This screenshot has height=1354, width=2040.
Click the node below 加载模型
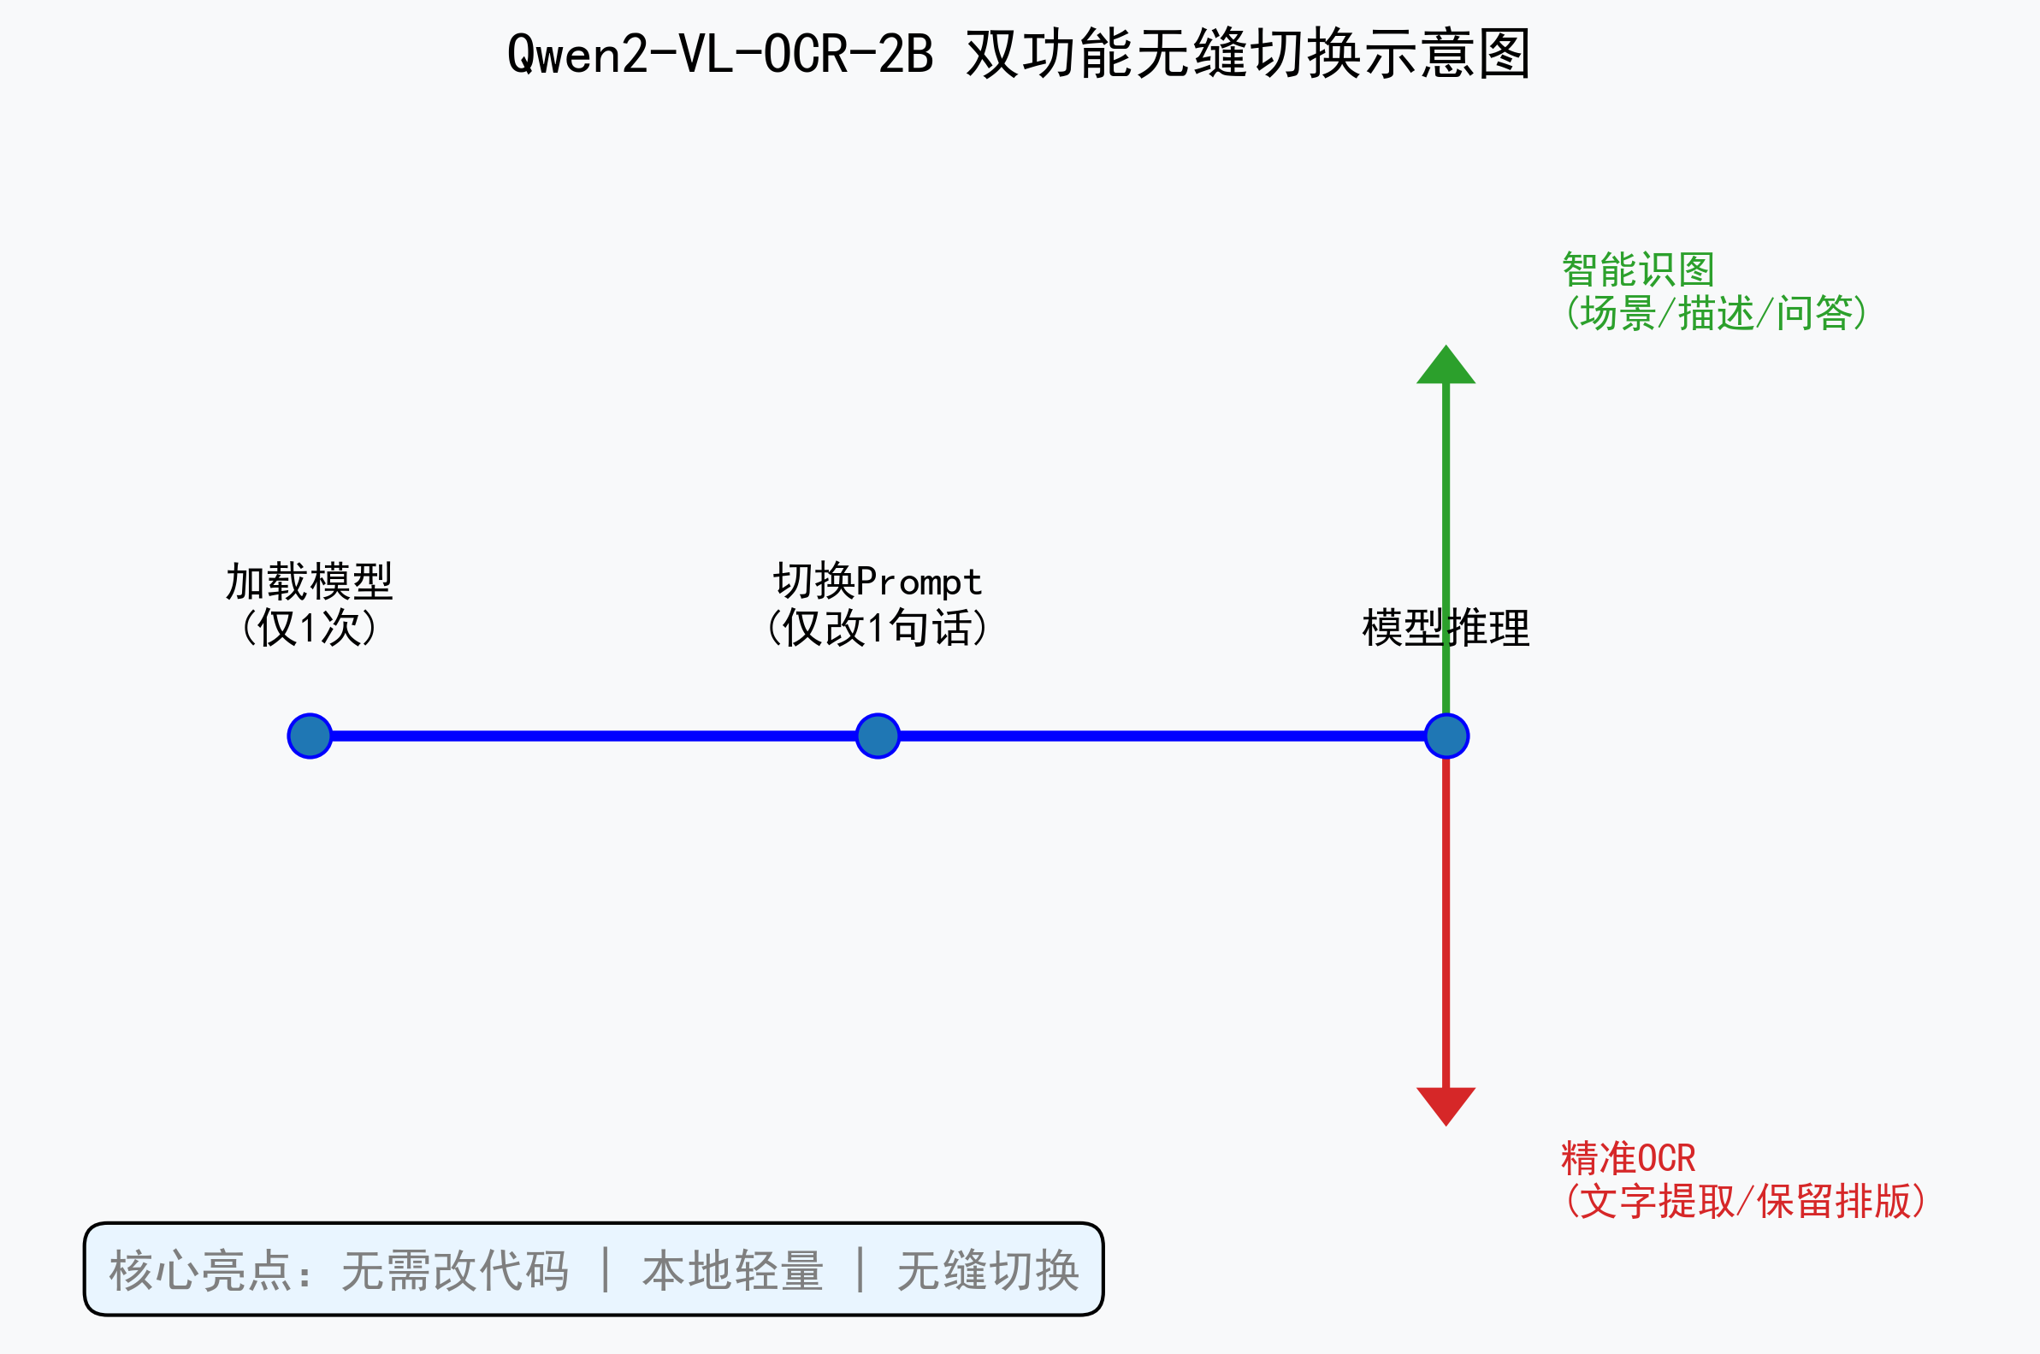point(310,736)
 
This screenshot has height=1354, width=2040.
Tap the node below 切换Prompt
point(878,736)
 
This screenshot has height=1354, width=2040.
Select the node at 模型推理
point(1447,736)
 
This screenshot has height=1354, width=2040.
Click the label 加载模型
point(309,581)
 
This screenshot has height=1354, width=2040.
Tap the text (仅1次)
point(309,628)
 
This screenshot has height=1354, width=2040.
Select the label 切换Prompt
point(877,581)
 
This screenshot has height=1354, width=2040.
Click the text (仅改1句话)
point(877,628)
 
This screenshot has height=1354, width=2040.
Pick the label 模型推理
point(1446,628)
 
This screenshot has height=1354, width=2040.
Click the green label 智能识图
point(1638,270)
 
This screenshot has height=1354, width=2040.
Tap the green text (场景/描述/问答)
point(1717,312)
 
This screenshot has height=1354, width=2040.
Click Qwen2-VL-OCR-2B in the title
point(720,54)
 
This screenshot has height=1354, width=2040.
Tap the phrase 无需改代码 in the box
point(455,1271)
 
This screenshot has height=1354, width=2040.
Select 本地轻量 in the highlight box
point(732,1271)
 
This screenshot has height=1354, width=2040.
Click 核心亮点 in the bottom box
point(200,1271)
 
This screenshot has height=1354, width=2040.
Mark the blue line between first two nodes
point(594,736)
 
